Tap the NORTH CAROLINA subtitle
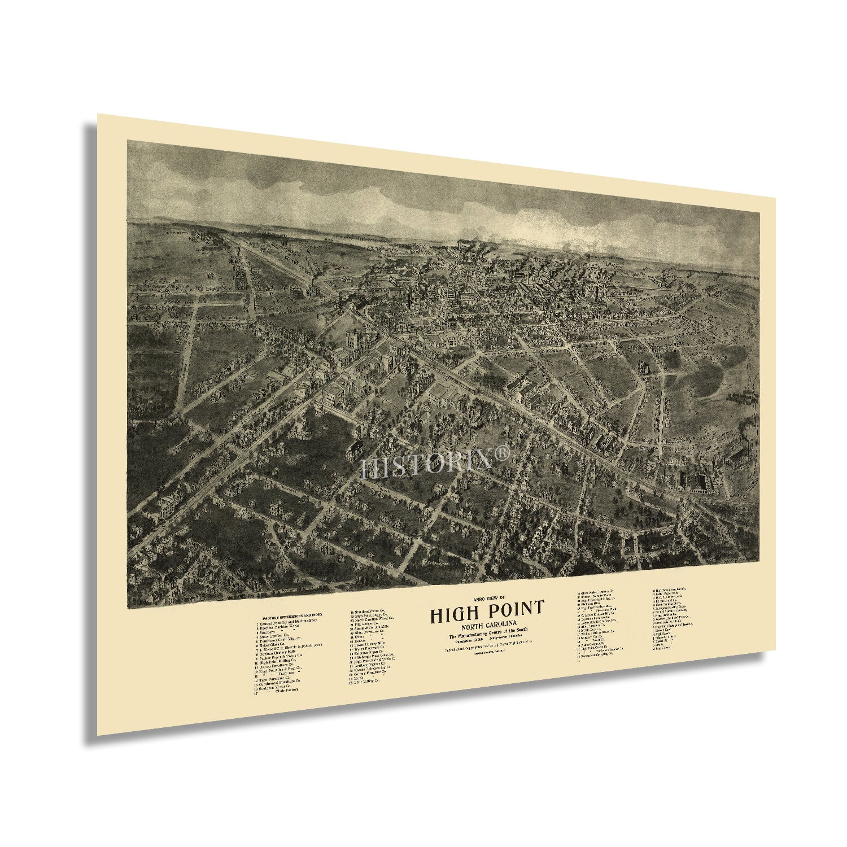tap(487, 625)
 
